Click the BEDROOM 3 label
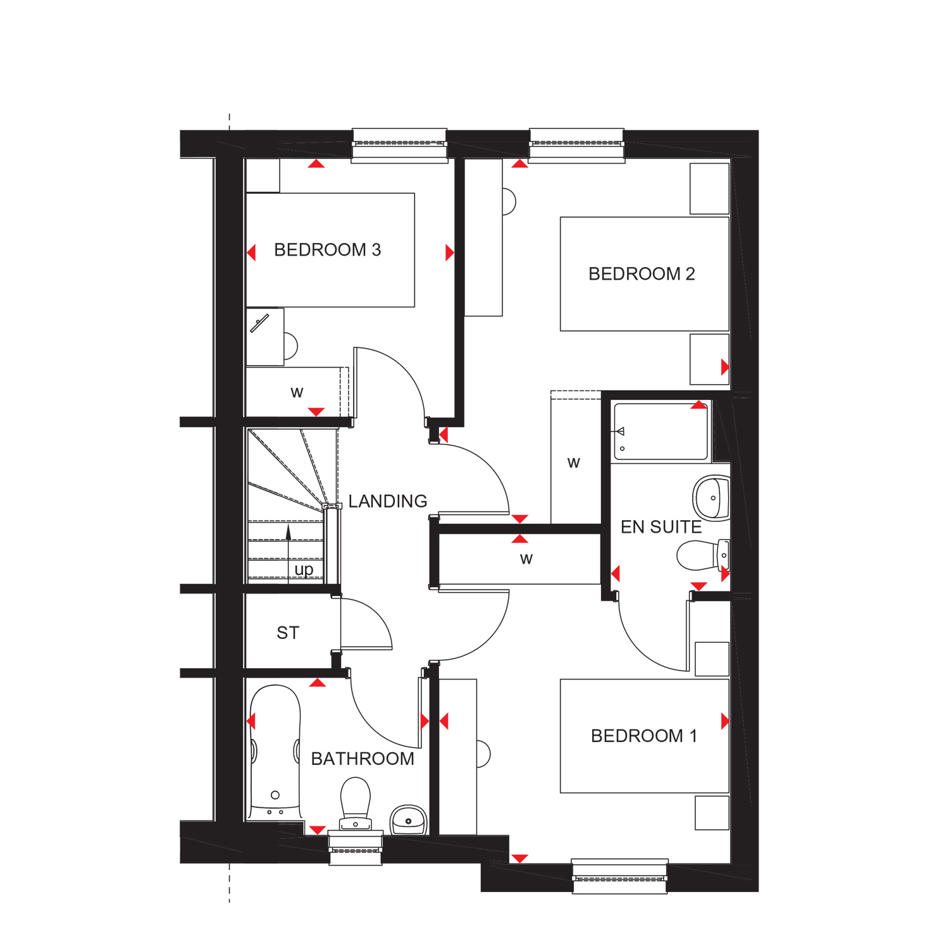pos(327,250)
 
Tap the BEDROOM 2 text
pos(642,274)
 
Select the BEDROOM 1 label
pos(644,736)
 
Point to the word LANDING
pos(388,501)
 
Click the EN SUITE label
pos(661,527)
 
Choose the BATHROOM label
pos(363,759)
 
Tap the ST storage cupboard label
pos(288,633)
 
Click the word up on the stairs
pos(304,570)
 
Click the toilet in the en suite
pos(703,555)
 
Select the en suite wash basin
pos(712,498)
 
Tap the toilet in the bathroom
pos(356,804)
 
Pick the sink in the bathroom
pos(409,820)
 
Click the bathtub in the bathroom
pos(275,752)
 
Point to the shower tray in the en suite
pos(661,431)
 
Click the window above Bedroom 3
pos(399,146)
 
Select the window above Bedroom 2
pos(576,146)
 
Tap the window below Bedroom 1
pos(620,876)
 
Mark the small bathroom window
pos(356,848)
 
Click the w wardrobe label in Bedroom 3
pos(297,392)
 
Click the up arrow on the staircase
pos(288,550)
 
